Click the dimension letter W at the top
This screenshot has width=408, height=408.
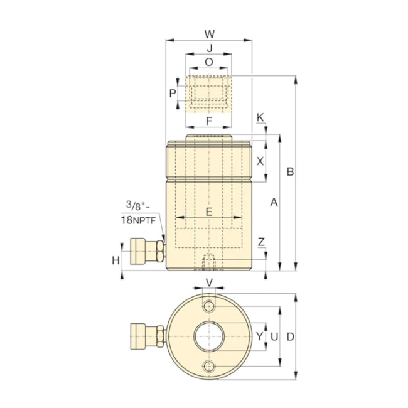pyautogui.click(x=210, y=33)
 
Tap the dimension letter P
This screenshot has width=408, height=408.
pyautogui.click(x=173, y=94)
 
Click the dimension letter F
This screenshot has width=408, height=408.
pyautogui.click(x=209, y=120)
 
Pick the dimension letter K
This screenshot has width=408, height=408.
pyautogui.click(x=260, y=117)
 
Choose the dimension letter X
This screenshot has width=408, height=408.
pyautogui.click(x=260, y=161)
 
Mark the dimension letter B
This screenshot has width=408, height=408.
pyautogui.click(x=289, y=171)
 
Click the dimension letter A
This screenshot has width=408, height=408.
pyautogui.click(x=273, y=202)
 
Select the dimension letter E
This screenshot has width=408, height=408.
pyautogui.click(x=209, y=212)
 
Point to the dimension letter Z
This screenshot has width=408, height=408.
pyautogui.click(x=261, y=242)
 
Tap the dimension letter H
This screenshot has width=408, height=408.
pyautogui.click(x=115, y=260)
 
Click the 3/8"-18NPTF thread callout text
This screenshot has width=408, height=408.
pyautogui.click(x=137, y=212)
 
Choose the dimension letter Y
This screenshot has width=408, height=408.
pyautogui.click(x=259, y=336)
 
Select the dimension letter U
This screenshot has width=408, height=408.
pyautogui.click(x=274, y=336)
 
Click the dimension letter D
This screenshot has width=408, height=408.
pyautogui.click(x=290, y=336)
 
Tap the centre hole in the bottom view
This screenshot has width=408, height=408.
pyautogui.click(x=210, y=337)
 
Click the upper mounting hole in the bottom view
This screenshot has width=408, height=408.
pyautogui.click(x=210, y=306)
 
